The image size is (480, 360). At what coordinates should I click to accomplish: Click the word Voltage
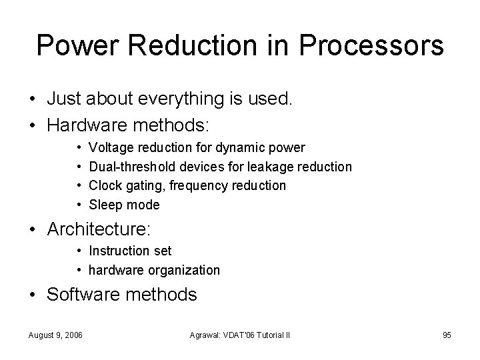pyautogui.click(x=110, y=147)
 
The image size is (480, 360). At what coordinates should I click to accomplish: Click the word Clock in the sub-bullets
pyautogui.click(x=105, y=185)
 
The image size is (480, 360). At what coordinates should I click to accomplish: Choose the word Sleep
pyautogui.click(x=105, y=205)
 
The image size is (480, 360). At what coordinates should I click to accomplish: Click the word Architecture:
pyautogui.click(x=99, y=230)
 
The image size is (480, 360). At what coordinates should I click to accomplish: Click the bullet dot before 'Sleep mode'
pyautogui.click(x=79, y=205)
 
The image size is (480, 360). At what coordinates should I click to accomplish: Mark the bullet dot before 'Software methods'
pyautogui.click(x=33, y=294)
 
